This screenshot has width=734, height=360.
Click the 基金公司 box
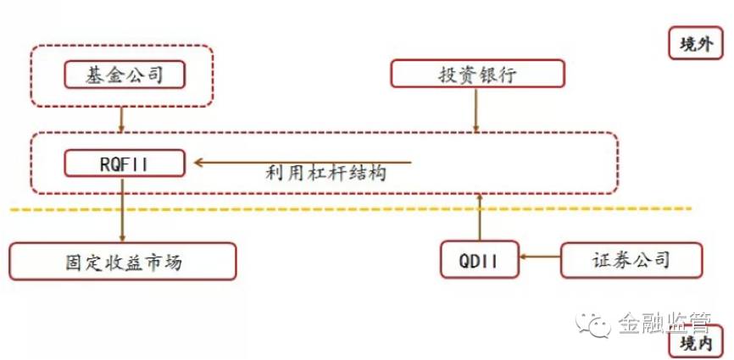coord(125,75)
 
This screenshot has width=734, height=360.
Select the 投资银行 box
coord(477,74)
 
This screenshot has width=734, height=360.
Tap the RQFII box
coord(125,163)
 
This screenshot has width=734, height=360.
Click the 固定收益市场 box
coord(123,261)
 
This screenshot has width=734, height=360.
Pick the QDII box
coord(480,260)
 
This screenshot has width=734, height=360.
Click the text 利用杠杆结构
coord(326,174)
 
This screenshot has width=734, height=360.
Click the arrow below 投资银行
coord(476,108)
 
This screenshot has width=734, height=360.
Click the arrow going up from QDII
coord(480,217)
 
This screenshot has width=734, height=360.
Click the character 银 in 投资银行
coord(490,74)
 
